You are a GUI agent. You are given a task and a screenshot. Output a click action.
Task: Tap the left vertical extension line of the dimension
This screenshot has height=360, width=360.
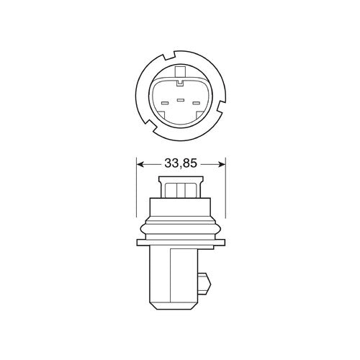tap(135, 191)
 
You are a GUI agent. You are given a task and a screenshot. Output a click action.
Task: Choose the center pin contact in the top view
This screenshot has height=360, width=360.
tap(180, 99)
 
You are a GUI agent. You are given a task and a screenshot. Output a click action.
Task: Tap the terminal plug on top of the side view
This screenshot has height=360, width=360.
tap(180, 189)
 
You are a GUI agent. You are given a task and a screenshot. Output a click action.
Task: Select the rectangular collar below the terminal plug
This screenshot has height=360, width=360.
tap(180, 204)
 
